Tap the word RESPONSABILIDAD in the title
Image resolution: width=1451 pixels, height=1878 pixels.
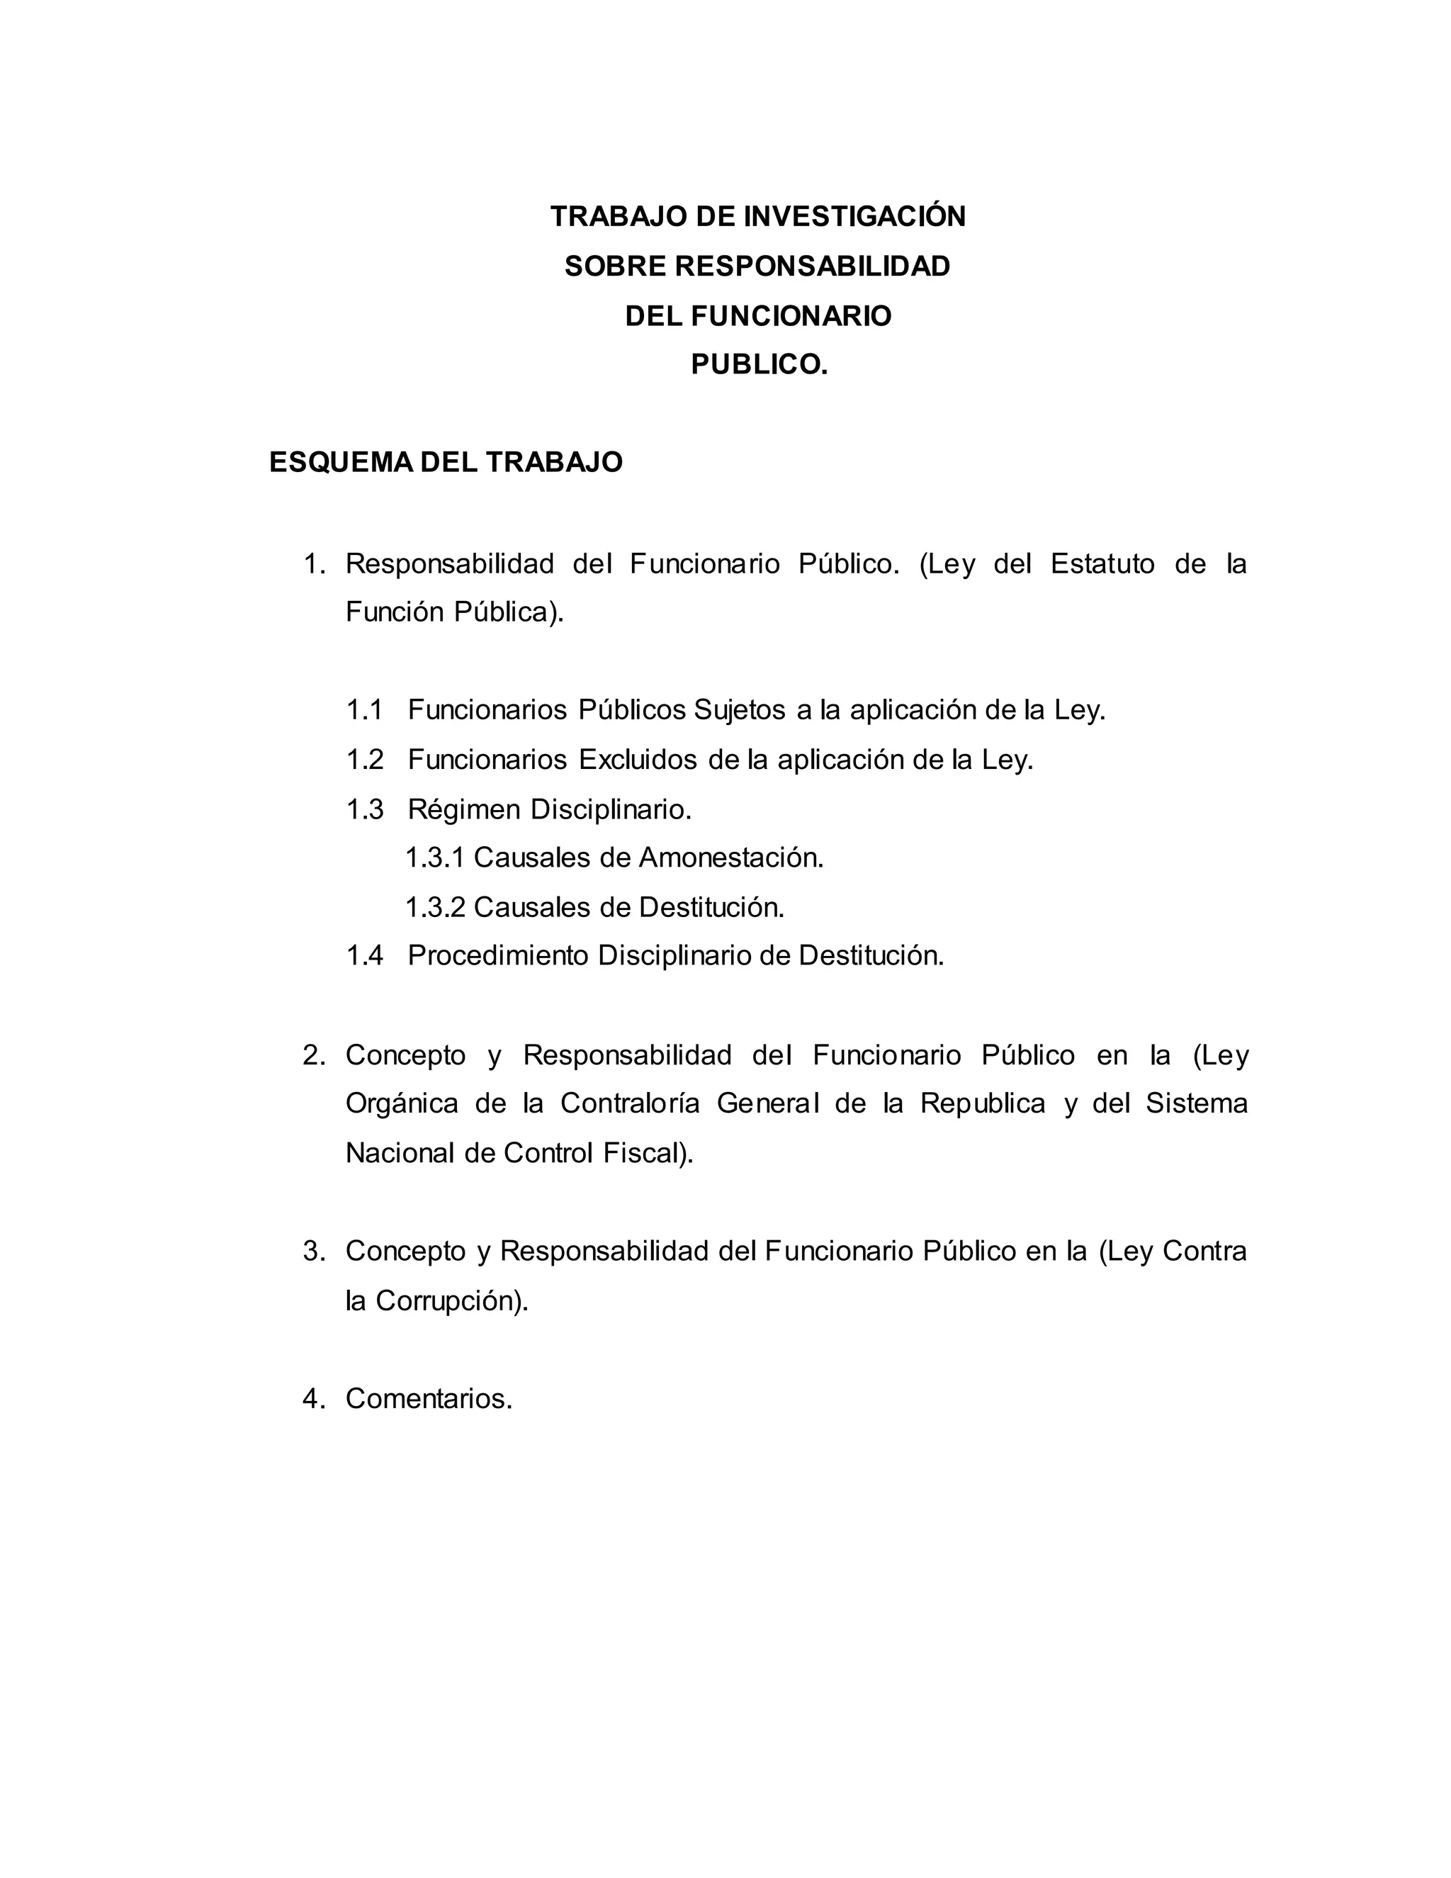coord(813,266)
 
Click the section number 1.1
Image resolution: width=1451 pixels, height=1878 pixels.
coord(364,710)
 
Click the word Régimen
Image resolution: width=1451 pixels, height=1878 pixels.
coord(464,810)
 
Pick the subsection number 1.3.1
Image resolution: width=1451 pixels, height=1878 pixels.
coord(434,858)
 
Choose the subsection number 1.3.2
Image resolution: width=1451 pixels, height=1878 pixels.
coord(434,907)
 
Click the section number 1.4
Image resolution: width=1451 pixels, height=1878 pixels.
coord(364,955)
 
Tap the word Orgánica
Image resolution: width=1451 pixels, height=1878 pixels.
coord(402,1104)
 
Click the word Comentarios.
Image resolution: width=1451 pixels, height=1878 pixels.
coord(429,1399)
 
